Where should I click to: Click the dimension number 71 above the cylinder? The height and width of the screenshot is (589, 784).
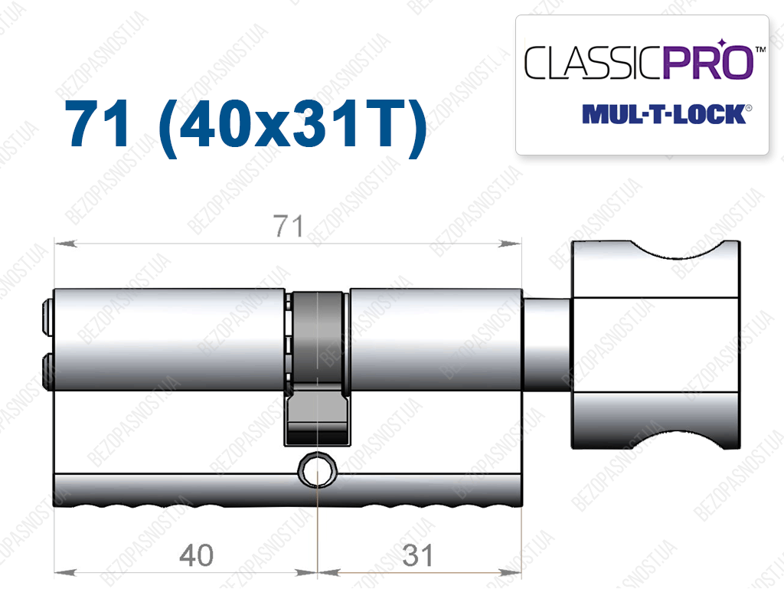click(288, 226)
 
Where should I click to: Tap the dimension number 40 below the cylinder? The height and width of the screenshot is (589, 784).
click(197, 555)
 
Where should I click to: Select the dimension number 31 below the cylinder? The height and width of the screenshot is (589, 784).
click(418, 555)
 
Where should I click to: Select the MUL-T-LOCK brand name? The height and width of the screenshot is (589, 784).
click(664, 114)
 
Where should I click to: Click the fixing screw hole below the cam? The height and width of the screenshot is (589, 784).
click(318, 470)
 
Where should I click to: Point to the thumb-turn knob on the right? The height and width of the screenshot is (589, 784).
click(655, 345)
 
